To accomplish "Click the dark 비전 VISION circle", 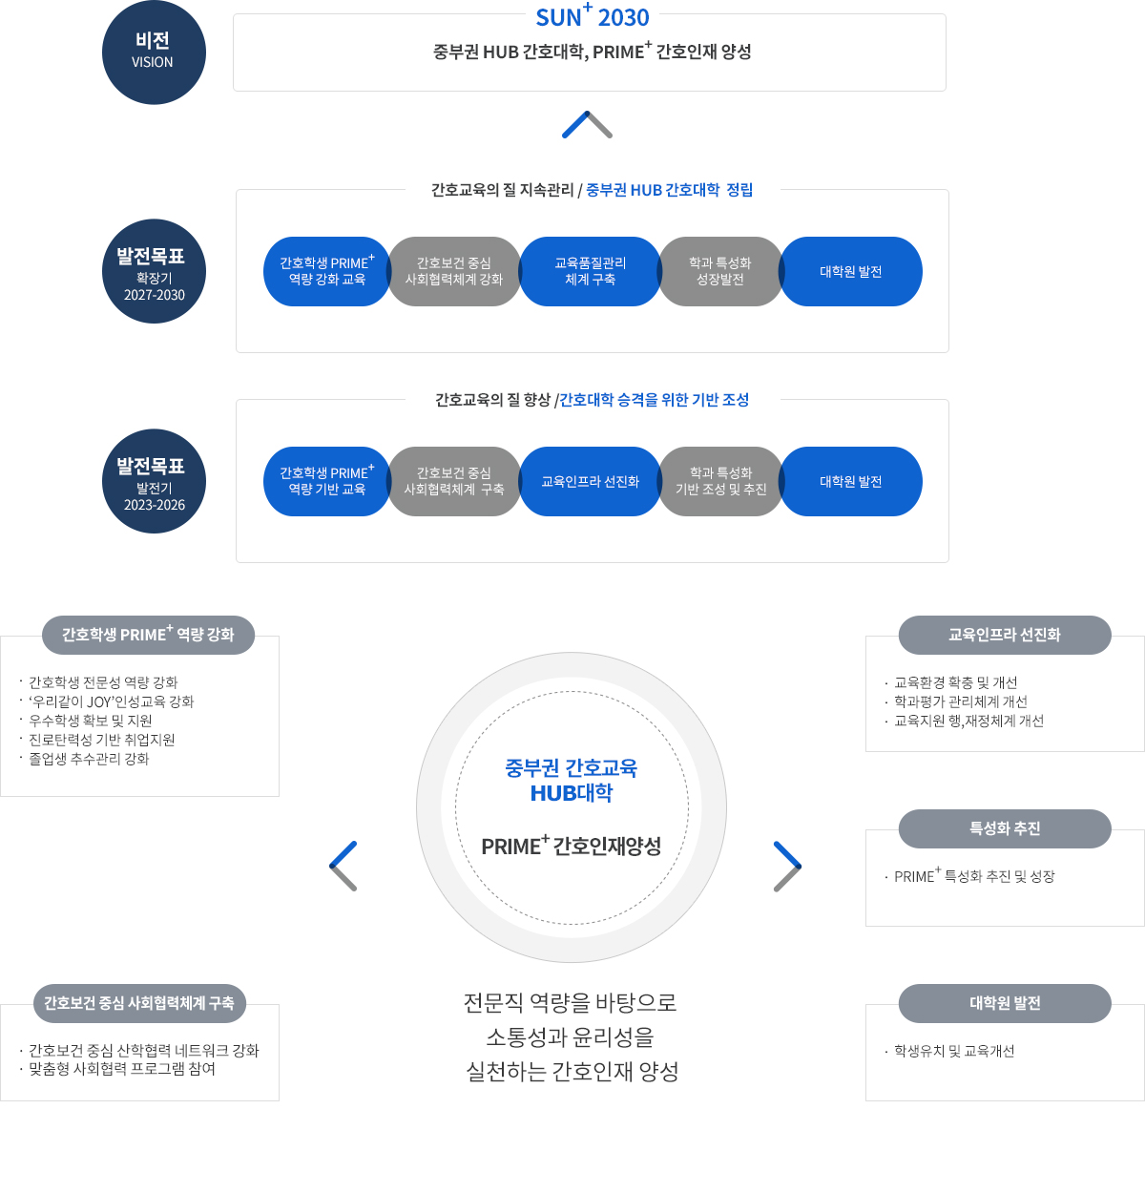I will point(154,52).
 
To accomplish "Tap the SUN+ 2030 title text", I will point(592,17).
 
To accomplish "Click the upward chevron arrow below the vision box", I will point(587,125).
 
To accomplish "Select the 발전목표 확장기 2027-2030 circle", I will point(154,272).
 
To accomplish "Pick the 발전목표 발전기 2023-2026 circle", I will point(154,482).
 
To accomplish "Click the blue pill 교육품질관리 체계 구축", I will point(590,272).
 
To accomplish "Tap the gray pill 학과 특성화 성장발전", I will point(720,272).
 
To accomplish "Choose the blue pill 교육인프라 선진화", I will point(590,482).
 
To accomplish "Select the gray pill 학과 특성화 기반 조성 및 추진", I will point(720,482).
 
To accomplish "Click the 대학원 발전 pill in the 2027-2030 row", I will point(851,272).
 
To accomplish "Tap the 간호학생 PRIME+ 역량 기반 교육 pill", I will point(326,482).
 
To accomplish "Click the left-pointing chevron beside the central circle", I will point(343,866).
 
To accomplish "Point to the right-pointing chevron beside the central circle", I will point(787,866).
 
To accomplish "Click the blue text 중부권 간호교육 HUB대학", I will point(572,781).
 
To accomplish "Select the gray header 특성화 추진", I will point(1005,828).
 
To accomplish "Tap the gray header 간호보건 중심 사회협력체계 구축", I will point(139,1003).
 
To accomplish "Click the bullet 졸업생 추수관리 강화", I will point(89,759).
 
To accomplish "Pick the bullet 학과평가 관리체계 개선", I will point(960,701).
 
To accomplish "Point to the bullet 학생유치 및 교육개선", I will point(953,1051).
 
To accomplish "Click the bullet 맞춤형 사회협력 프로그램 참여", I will point(122,1069).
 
